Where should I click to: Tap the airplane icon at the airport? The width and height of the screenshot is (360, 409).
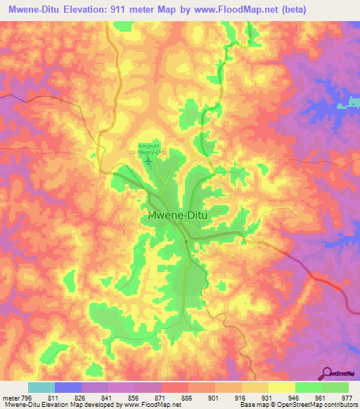tap(148, 163)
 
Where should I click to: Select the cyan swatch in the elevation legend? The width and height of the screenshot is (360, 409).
tap(41, 387)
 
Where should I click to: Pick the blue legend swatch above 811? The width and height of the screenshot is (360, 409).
tap(68, 387)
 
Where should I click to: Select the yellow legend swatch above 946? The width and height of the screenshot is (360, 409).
tap(282, 387)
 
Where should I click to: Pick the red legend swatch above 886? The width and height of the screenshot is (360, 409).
tap(175, 387)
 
